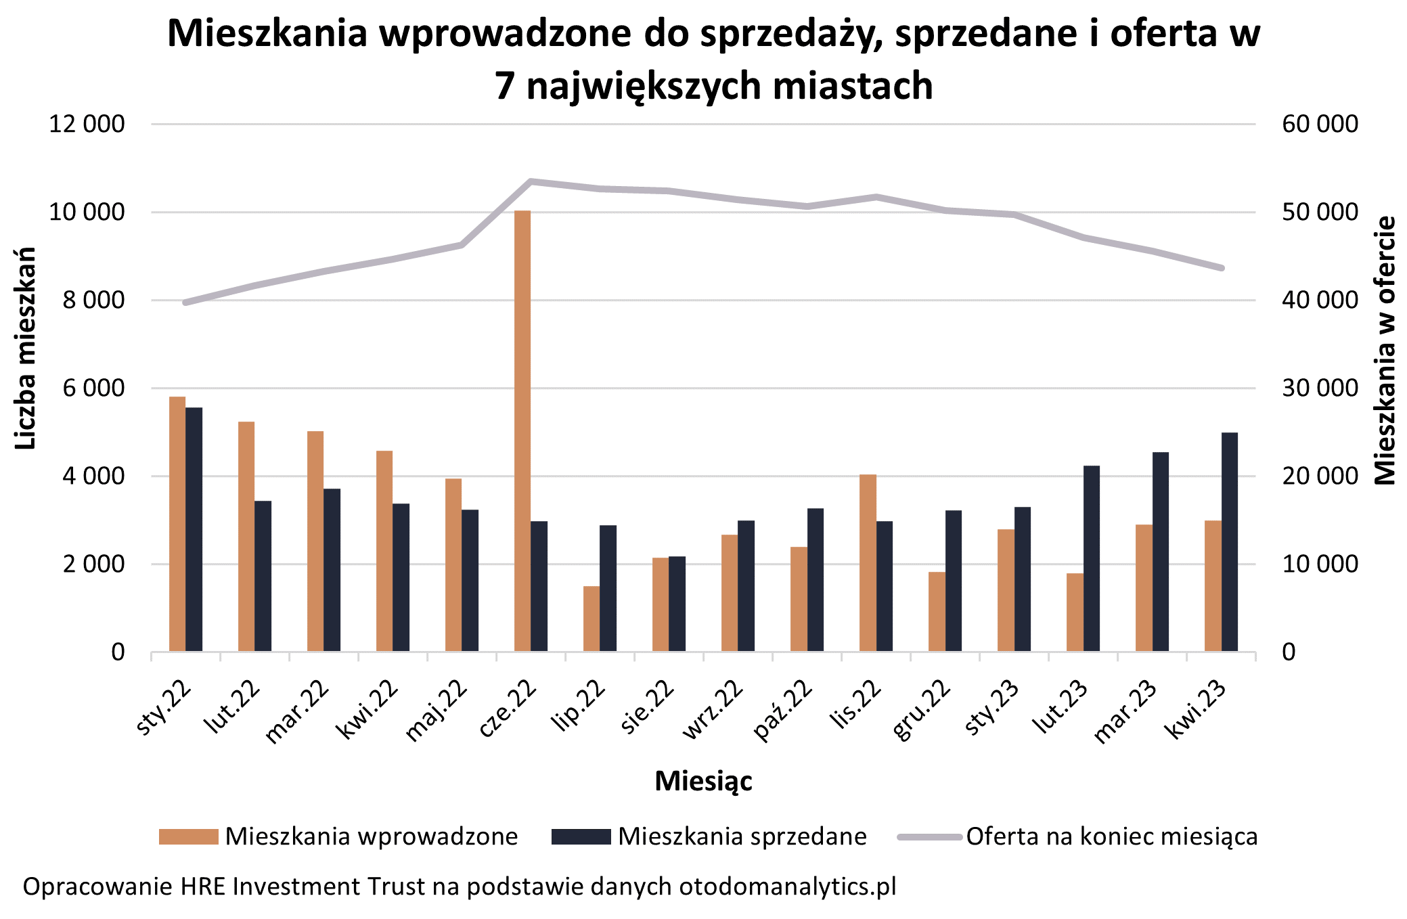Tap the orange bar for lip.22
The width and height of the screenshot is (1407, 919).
coord(591,619)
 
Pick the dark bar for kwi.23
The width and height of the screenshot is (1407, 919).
coord(1230,541)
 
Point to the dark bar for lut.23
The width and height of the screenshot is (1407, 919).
coord(1092,558)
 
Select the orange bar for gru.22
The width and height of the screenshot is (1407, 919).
coord(937,612)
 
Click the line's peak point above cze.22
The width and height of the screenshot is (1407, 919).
coord(531,181)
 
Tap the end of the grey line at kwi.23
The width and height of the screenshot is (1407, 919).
coord(1222,268)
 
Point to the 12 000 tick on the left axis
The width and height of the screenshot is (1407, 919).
coord(87,124)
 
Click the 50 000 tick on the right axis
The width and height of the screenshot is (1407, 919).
coord(1320,212)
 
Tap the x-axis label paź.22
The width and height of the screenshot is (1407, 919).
coord(784,711)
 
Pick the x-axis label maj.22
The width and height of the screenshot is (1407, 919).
coord(437,711)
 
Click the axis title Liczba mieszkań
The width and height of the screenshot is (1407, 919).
coord(25,348)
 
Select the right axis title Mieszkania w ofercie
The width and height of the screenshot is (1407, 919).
coord(1385,351)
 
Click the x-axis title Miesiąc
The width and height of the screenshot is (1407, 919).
coord(703,781)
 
